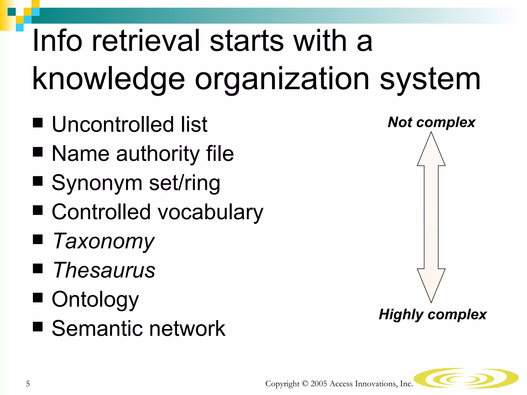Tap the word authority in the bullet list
157,154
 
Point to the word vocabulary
210,212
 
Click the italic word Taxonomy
103,241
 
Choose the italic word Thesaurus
104,270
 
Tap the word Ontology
95,300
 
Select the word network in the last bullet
187,329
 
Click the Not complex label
432,122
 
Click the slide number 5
28,384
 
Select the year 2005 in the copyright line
319,384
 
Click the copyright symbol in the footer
305,384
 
